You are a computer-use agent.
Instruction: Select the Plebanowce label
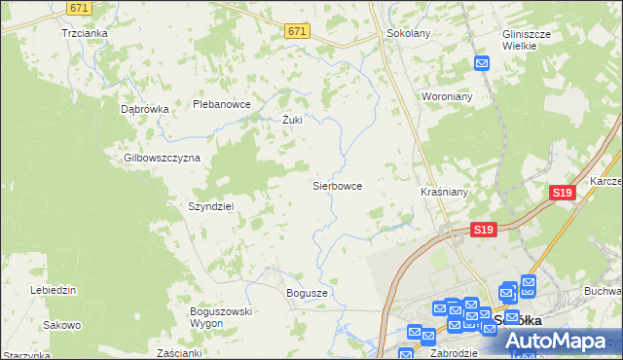click(x=222, y=104)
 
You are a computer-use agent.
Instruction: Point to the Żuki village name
click(x=293, y=121)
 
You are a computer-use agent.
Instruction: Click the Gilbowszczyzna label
click(x=162, y=157)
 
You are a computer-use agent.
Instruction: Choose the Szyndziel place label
click(x=209, y=206)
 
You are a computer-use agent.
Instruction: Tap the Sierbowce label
click(x=337, y=185)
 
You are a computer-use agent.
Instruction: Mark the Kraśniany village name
click(x=444, y=193)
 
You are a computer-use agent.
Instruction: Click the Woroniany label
click(x=447, y=97)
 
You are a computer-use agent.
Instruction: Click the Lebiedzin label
click(x=54, y=290)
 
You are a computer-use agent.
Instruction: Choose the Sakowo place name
click(x=62, y=325)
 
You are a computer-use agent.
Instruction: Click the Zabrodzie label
click(x=453, y=353)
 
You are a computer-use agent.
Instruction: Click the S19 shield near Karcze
click(x=562, y=193)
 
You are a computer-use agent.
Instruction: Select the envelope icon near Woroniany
click(x=482, y=64)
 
